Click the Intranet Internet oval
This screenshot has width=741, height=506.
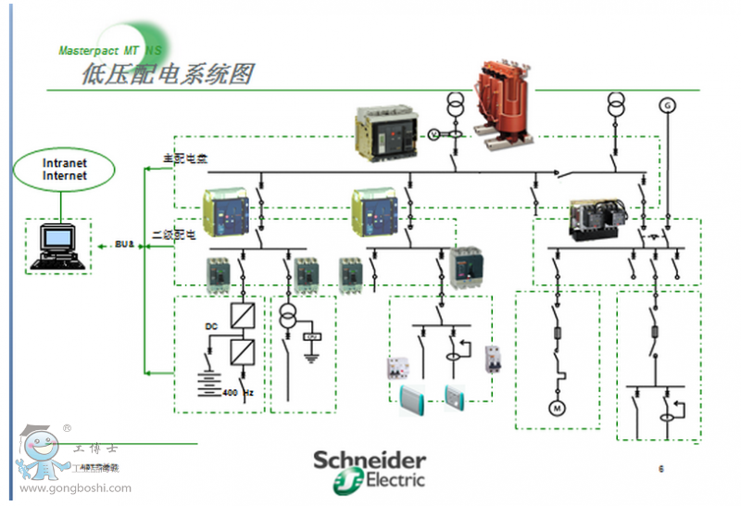[x=65, y=170]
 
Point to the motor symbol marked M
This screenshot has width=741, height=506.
[x=558, y=407]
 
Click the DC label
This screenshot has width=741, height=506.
[x=210, y=325]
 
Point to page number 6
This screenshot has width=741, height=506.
[x=660, y=469]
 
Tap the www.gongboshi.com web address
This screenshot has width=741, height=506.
[x=75, y=487]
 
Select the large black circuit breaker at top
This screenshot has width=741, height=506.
[x=387, y=131]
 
